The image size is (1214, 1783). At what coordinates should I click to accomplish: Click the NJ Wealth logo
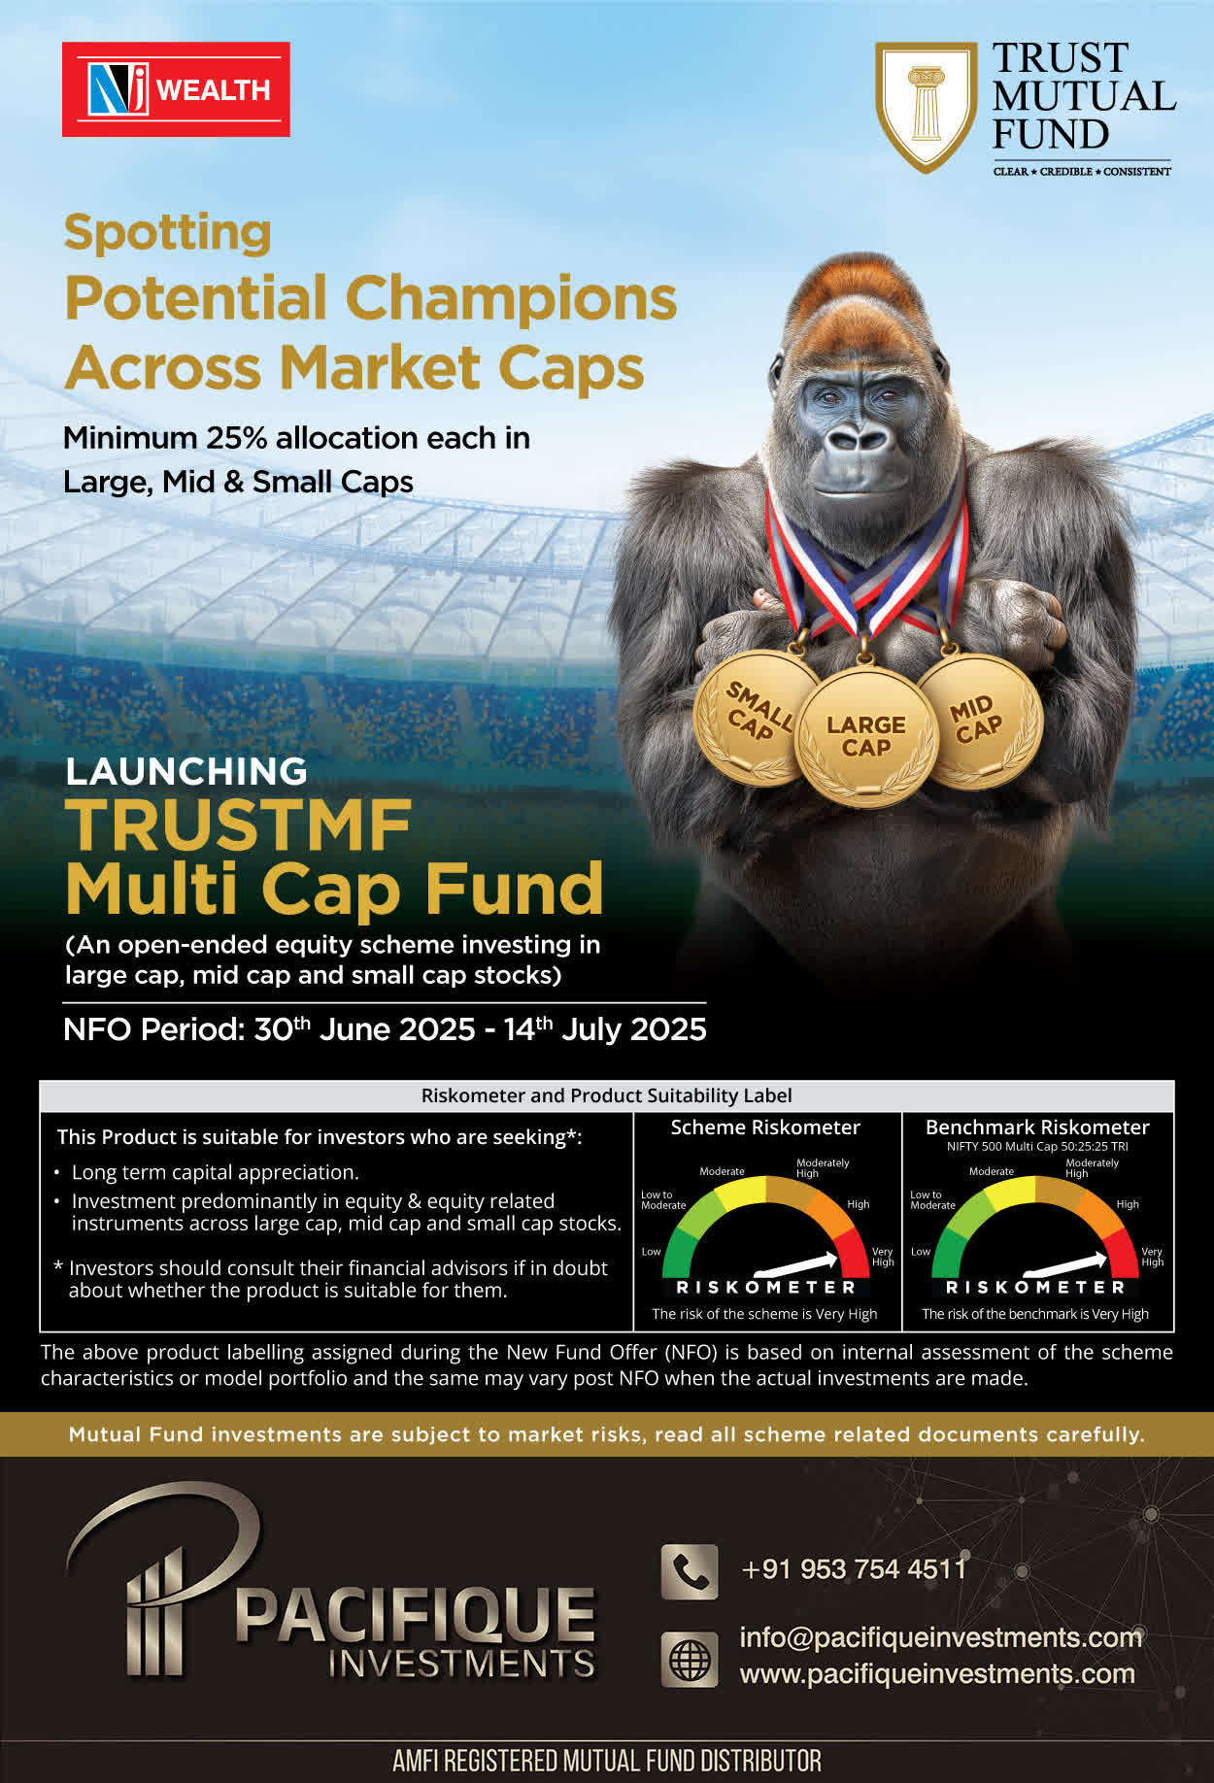176,89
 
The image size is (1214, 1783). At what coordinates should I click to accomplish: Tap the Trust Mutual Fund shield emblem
926,106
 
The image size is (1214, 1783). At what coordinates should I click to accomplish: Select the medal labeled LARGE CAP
865,737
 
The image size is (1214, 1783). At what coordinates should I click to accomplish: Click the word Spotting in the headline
168,234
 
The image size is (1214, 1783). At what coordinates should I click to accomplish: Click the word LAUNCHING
186,771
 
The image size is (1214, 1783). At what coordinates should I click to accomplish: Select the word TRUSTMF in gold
239,825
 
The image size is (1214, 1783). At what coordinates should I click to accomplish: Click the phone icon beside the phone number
690,1571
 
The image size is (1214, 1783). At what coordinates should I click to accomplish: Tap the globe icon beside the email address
690,1659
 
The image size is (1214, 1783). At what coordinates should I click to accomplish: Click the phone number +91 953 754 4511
854,1569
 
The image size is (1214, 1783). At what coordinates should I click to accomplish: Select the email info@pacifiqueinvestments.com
941,1637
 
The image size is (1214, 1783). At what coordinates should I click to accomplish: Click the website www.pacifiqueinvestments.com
937,1674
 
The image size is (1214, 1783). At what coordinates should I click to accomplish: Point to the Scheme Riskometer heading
765,1127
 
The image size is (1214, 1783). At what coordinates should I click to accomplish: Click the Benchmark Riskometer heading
1037,1127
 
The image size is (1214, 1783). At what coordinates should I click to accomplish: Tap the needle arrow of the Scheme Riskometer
795,1263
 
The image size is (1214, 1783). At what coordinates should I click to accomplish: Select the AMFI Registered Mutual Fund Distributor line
607,1761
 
